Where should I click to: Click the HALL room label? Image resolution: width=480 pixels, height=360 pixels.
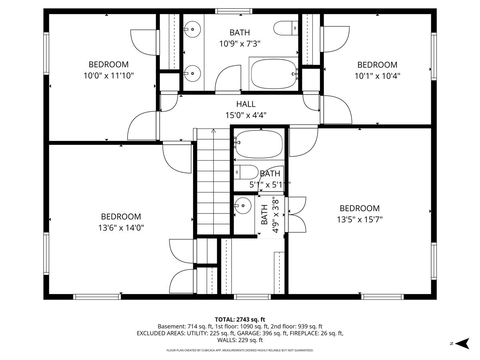pos(246,104)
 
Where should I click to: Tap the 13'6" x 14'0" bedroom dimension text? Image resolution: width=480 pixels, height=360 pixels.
pos(121,228)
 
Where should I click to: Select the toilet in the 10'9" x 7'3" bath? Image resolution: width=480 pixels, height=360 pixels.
pos(286,28)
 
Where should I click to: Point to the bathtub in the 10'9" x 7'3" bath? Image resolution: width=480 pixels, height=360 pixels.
pos(274,74)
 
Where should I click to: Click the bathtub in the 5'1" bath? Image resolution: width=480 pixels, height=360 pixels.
pos(259,144)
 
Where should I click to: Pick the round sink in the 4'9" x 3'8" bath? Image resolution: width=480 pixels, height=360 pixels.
pos(243,206)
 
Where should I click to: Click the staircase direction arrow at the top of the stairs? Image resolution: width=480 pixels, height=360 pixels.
pos(214,131)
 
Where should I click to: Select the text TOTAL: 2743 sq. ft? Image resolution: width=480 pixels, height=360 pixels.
pos(240,320)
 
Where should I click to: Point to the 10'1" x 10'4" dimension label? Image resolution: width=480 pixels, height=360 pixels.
pos(377,76)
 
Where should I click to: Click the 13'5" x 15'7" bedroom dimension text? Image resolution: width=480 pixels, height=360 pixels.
pos(360,220)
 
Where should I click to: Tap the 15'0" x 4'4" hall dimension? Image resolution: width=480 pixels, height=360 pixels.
pos(246,115)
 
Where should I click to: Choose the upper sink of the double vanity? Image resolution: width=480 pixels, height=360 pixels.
pos(192,29)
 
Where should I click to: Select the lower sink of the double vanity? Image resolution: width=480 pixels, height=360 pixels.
pos(192,74)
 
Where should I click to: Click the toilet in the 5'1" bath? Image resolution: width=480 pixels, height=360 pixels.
pos(246,172)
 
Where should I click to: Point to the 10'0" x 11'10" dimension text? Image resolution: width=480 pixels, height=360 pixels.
pos(108,76)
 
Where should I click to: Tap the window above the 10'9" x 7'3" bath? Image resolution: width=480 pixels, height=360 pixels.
pos(234,11)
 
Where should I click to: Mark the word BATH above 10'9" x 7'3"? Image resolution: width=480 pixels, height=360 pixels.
pos(240,32)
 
